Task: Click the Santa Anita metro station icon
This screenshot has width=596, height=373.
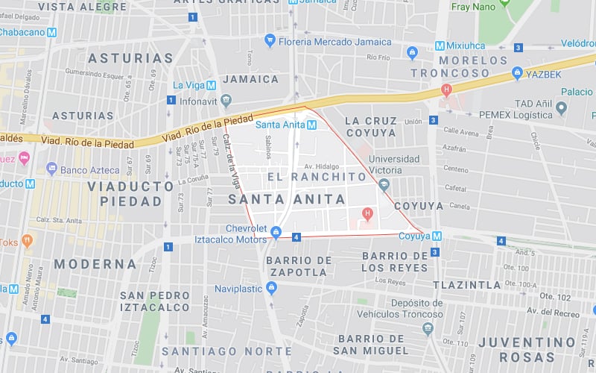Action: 313,125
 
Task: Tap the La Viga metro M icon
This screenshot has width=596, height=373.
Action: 212,85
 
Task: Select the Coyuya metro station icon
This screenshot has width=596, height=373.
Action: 437,236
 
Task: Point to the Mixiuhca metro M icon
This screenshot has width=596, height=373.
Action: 440,46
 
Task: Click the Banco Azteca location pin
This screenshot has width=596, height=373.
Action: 51,168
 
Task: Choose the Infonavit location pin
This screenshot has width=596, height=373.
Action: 226,100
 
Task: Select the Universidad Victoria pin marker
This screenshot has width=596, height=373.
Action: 384,184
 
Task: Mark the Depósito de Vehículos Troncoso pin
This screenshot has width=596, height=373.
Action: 428,328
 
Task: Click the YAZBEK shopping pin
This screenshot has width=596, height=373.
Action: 517,73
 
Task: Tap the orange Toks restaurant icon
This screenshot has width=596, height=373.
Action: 28,241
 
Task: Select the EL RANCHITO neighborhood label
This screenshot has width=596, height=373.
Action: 308,178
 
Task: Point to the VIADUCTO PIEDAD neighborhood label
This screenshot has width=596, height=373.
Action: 124,194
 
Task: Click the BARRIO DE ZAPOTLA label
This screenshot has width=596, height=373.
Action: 297,266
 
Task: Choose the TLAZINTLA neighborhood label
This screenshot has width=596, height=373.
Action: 467,284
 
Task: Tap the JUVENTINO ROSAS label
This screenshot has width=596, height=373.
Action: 527,349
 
